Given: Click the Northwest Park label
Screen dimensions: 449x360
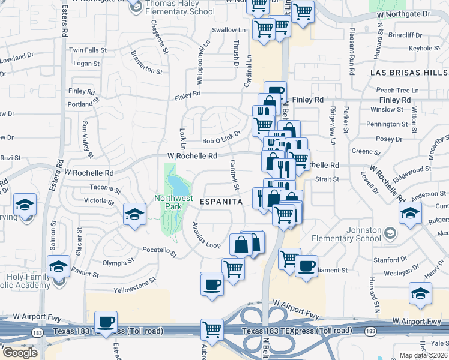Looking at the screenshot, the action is (x=173, y=202).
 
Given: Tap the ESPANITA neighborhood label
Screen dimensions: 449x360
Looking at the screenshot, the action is (x=221, y=202).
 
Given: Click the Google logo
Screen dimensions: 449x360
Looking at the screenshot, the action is (x=20, y=353).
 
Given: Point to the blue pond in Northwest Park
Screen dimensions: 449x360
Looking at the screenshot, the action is (x=175, y=182).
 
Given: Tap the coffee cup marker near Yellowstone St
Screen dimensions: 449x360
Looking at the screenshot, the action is (x=212, y=284).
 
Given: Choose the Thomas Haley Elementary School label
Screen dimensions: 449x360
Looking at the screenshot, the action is (x=180, y=8).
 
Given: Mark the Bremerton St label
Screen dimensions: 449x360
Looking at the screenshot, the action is (x=146, y=62).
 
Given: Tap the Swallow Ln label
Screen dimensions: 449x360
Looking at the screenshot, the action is (x=229, y=30).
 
